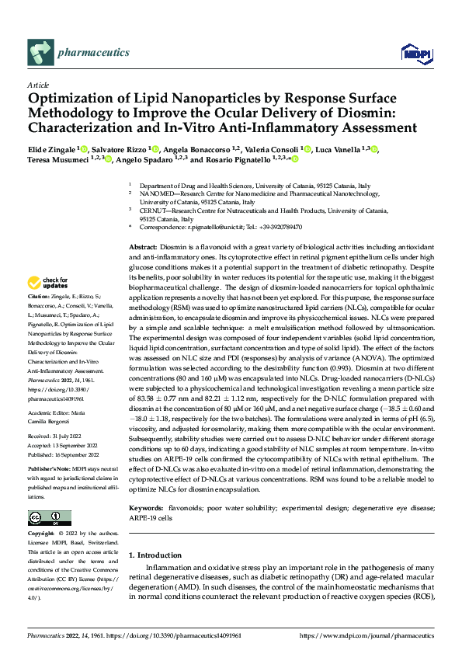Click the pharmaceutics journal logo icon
click(40, 53)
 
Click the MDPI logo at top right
click(413, 53)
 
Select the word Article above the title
click(37, 84)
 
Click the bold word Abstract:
click(144, 245)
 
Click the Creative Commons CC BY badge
click(49, 519)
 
